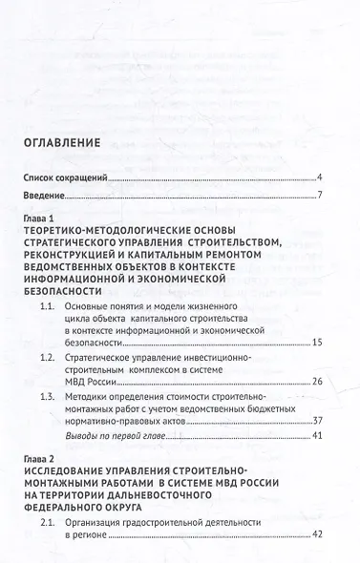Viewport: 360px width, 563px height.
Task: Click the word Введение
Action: pyautogui.click(x=45, y=197)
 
